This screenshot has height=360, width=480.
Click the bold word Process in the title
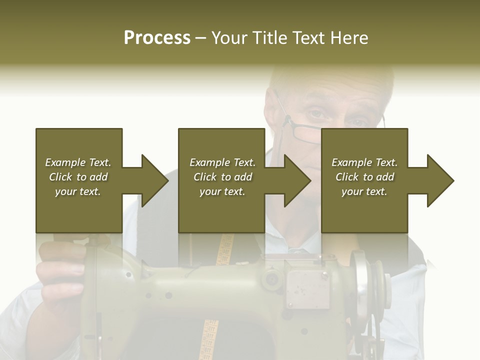[x=157, y=38]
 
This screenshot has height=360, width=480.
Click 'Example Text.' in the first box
[x=78, y=162]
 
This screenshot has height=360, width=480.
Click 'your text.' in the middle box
[x=222, y=191]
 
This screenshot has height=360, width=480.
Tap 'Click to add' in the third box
[x=364, y=177]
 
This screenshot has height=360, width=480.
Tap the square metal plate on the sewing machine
[x=308, y=289]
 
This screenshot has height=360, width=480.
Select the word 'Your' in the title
[x=229, y=38]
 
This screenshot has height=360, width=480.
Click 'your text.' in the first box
[x=78, y=191]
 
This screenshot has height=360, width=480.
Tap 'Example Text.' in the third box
[x=364, y=162]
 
